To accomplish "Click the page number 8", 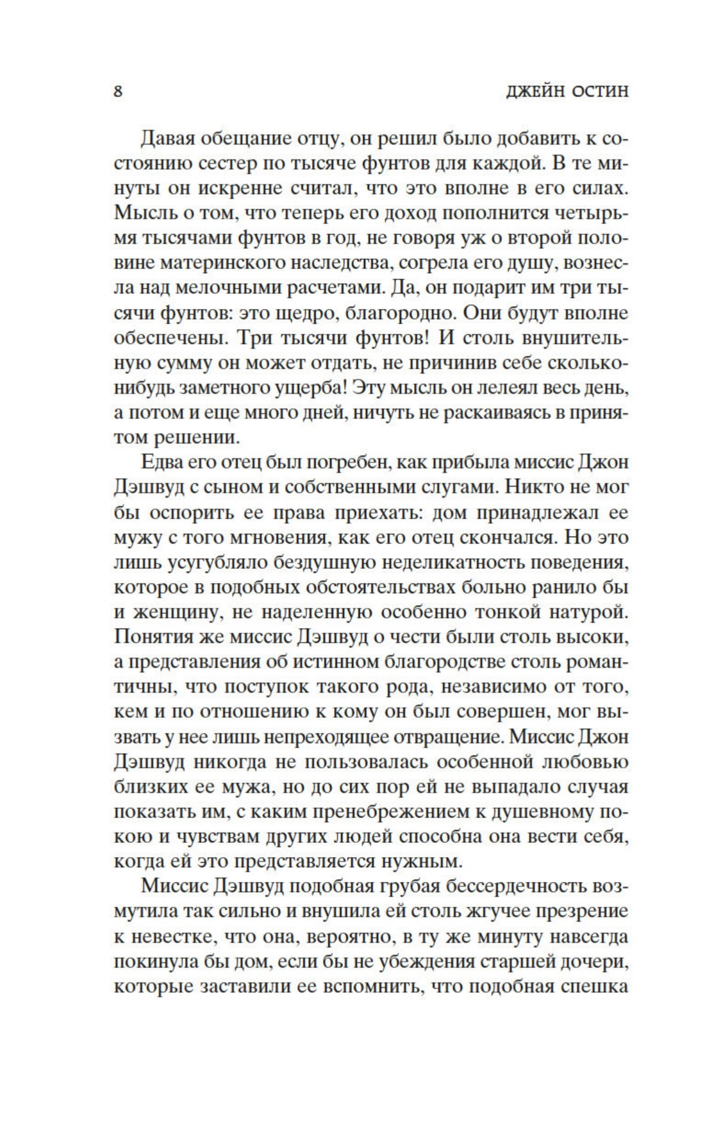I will coord(118,91).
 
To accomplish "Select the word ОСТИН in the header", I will coord(598,92).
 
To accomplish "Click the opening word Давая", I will coord(170,138).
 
